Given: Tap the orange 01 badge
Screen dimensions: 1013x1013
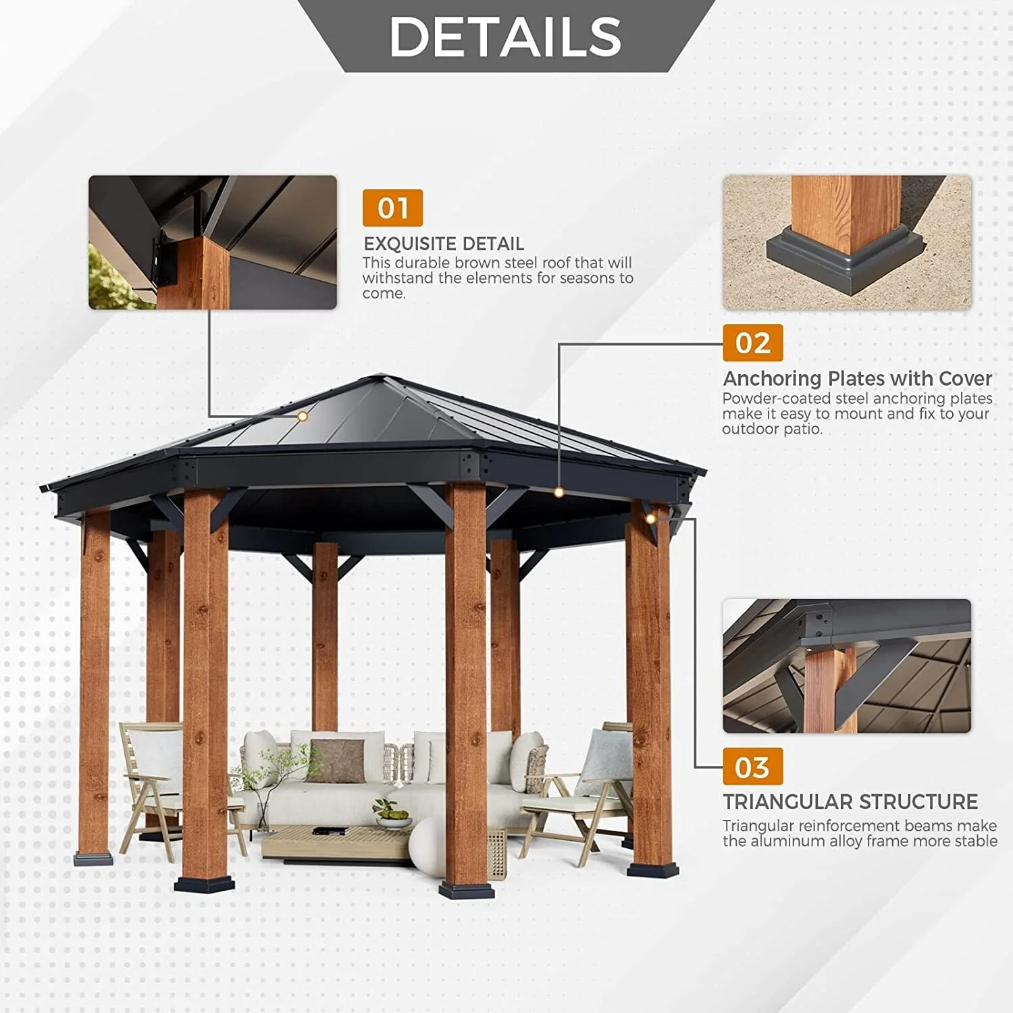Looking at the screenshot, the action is click(x=392, y=208).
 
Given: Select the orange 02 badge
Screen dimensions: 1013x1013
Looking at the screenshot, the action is click(x=753, y=343).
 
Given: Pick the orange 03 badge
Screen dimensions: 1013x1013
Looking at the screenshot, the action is click(x=753, y=767).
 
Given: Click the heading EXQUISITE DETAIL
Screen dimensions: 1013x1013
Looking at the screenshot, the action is click(x=444, y=244).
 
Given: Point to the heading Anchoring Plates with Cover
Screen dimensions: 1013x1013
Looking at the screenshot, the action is click(x=858, y=378).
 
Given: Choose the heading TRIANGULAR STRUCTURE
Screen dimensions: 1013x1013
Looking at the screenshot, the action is click(x=850, y=802).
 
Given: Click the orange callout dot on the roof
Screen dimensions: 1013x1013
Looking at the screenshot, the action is click(x=303, y=417).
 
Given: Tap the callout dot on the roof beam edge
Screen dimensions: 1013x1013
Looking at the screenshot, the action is click(x=559, y=492).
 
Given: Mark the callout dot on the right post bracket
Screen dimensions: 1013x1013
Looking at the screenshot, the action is click(x=650, y=519).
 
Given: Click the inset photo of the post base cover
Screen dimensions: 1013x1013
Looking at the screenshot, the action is click(x=848, y=243).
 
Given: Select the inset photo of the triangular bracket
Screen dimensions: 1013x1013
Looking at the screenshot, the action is click(x=847, y=666).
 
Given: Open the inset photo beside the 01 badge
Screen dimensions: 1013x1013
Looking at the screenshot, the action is click(x=213, y=242).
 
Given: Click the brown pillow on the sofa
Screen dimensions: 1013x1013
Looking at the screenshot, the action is click(x=336, y=760).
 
